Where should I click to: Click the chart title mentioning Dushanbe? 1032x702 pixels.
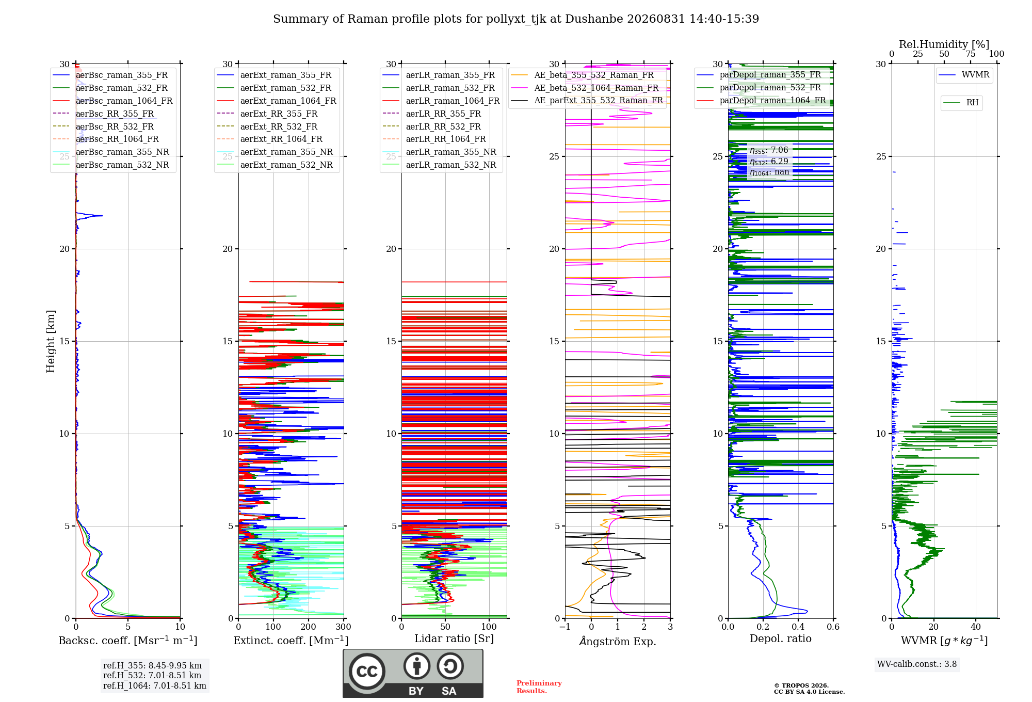point(516,19)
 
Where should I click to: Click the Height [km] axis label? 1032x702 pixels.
point(51,341)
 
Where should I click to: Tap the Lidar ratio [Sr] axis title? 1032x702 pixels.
point(454,639)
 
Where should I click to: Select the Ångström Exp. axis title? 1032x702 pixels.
point(618,641)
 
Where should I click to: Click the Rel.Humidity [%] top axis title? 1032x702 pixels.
point(944,44)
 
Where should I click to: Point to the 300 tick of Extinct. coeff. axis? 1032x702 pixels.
point(343,627)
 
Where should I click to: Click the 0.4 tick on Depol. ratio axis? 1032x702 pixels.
point(798,627)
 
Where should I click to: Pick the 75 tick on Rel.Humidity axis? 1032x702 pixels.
point(971,54)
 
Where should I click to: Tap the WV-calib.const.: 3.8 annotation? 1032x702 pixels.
point(917,664)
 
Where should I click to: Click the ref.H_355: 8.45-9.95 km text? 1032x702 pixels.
point(152,665)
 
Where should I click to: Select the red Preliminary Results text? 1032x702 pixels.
point(539,687)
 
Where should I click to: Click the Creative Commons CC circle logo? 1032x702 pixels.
point(367,672)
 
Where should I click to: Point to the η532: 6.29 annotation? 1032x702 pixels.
point(769,162)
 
